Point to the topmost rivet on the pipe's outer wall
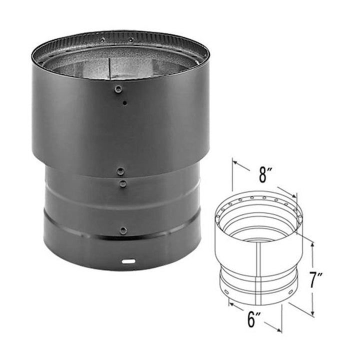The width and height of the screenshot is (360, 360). [118, 88]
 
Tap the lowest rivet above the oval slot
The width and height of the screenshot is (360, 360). [123, 230]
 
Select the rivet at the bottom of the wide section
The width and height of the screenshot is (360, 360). [120, 171]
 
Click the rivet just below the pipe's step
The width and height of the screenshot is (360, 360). [122, 183]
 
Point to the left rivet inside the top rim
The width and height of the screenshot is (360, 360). [102, 40]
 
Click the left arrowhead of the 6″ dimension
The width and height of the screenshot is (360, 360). [230, 302]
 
